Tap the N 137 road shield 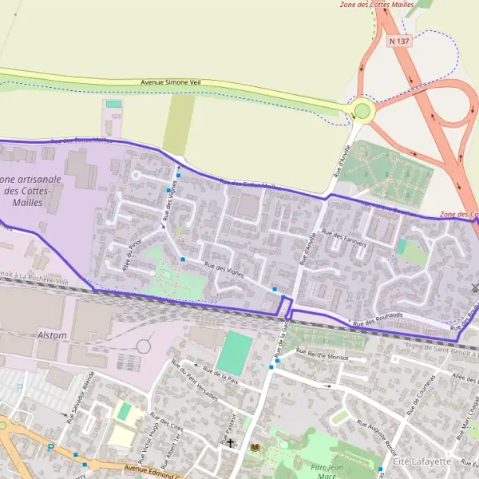tap(398, 40)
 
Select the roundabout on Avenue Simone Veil tap(364, 110)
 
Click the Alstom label tap(52, 335)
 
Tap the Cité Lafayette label tap(422, 461)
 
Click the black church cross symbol tap(231, 442)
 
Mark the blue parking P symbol tap(50, 448)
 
